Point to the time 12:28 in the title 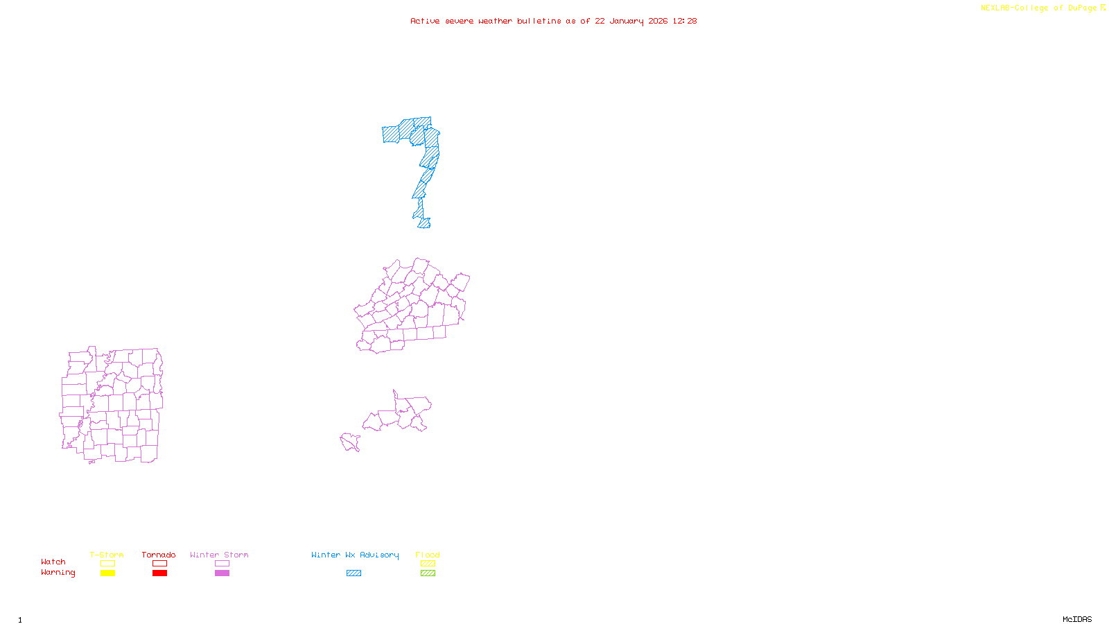coord(684,21)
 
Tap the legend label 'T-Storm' coord(107,555)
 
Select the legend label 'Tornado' coord(159,555)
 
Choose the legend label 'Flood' coord(428,555)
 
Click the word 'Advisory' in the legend coord(379,555)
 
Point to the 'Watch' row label coord(53,562)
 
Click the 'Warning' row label coord(58,573)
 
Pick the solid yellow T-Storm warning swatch coord(107,573)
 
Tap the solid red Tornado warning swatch coord(159,573)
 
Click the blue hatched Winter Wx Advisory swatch coord(353,573)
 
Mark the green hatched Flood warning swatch coord(428,573)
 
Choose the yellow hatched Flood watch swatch coord(428,564)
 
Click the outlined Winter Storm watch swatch coord(222,564)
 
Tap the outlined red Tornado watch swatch coord(159,564)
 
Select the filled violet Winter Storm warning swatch coord(222,573)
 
